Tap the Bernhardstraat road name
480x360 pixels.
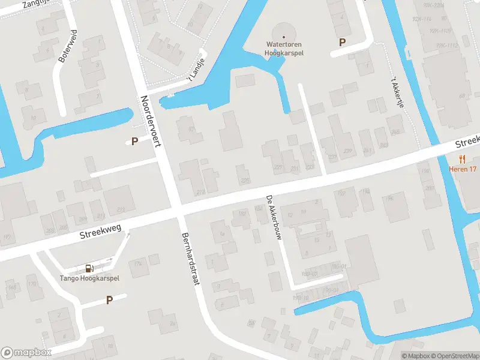click(190, 258)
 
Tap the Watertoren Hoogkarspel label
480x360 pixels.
click(284, 48)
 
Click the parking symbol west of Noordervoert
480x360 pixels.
click(135, 142)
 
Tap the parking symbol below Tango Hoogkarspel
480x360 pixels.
click(109, 300)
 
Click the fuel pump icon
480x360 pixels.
click(89, 268)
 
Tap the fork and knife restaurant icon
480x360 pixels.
click(462, 159)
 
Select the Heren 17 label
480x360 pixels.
click(462, 169)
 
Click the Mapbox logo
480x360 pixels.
click(26, 352)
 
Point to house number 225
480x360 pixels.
click(244, 181)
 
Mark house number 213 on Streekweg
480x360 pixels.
click(121, 209)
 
